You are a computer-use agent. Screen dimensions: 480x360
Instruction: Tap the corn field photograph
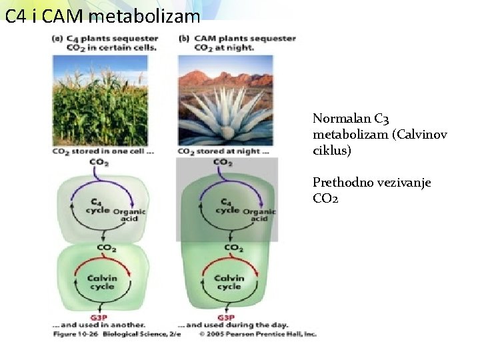click(100, 100)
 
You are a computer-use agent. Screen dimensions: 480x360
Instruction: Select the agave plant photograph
click(225, 100)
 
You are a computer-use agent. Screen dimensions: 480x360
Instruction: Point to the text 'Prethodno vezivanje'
click(371, 183)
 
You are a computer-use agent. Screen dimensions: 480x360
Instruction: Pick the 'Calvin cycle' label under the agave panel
click(228, 282)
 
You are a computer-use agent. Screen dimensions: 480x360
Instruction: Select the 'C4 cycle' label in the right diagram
click(227, 205)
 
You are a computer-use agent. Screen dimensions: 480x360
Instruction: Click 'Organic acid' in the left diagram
click(129, 215)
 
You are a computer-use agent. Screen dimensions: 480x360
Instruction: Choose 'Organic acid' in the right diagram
click(259, 215)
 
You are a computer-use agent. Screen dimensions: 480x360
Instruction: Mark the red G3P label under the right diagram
click(227, 316)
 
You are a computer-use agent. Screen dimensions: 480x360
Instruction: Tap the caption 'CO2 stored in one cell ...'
click(103, 151)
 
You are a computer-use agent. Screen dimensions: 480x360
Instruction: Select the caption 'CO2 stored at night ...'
click(223, 151)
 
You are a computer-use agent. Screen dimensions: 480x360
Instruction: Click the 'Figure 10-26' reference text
click(75, 334)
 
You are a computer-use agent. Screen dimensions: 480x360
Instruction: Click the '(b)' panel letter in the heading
click(184, 39)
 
